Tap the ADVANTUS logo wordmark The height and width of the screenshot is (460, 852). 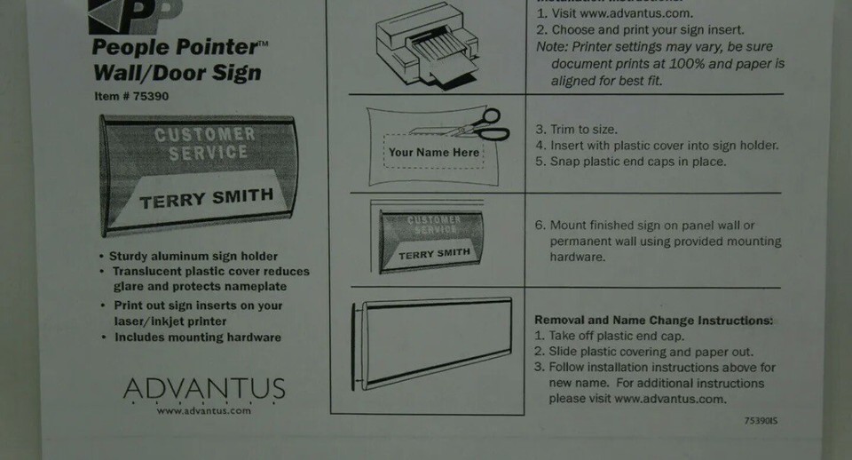point(204,389)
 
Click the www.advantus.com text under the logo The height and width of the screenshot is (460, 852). point(204,410)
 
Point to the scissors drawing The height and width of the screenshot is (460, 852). point(478,127)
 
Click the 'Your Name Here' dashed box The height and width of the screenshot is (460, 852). point(434,152)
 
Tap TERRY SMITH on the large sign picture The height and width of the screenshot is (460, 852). point(206,198)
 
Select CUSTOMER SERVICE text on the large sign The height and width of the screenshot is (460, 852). point(204,144)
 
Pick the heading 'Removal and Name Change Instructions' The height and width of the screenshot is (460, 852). point(653,320)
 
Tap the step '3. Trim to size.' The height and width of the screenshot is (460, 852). point(576,130)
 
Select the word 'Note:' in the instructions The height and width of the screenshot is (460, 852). point(552,47)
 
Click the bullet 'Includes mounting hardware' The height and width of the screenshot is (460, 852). point(197,337)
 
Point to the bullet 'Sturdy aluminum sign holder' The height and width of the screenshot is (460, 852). point(193,257)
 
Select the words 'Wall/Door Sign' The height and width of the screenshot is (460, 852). point(177,73)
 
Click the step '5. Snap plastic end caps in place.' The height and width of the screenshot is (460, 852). point(630,162)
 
